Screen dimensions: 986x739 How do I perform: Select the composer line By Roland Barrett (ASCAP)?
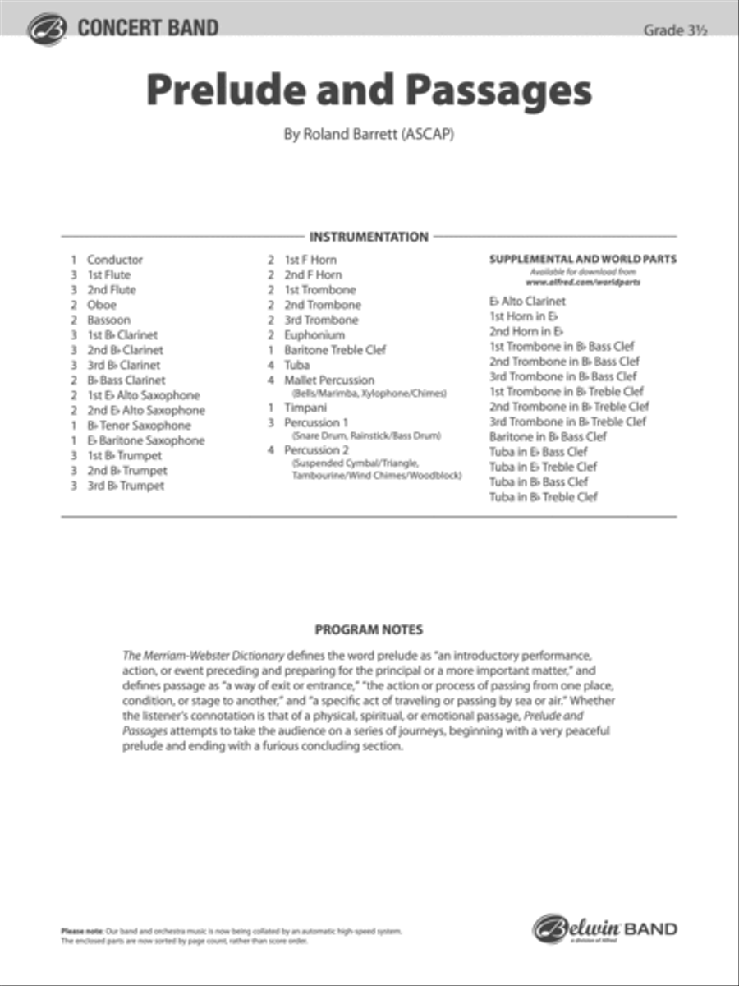369,134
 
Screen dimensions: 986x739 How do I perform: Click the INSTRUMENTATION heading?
369,237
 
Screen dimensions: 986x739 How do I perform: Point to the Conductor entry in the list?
114,260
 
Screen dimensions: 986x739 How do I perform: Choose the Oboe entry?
102,305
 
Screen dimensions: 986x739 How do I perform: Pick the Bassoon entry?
108,320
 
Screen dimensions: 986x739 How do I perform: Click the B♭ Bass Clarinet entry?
126,380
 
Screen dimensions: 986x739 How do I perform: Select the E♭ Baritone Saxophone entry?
145,440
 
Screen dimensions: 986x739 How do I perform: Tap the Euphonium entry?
314,335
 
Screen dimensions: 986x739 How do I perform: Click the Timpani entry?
305,407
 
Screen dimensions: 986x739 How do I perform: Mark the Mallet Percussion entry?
328,380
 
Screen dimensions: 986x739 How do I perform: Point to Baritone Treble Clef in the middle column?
335,350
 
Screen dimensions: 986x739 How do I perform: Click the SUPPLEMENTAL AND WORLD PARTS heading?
583,259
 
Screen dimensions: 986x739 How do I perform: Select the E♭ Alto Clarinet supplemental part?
527,302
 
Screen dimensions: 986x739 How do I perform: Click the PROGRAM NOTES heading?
369,630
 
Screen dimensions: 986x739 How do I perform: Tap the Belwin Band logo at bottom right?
605,929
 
